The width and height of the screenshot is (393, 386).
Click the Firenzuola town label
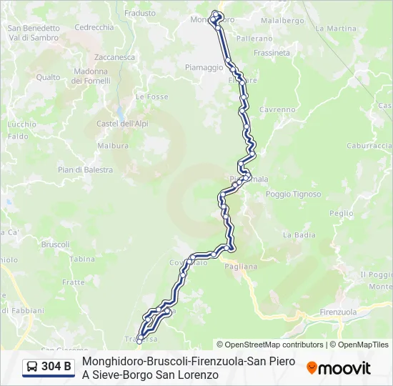click(x=338, y=312)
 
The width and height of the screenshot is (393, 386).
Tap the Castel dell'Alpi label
click(x=122, y=124)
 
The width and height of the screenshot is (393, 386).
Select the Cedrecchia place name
click(x=94, y=27)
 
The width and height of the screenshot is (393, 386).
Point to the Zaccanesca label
click(x=114, y=56)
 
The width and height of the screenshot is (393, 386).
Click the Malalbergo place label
click(x=282, y=21)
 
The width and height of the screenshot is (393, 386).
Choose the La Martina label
click(x=336, y=29)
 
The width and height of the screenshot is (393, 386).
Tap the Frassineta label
click(x=272, y=53)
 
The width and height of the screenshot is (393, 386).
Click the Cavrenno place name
click(x=277, y=109)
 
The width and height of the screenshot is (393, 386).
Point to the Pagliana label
click(x=240, y=266)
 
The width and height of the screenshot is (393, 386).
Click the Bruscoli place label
click(x=56, y=244)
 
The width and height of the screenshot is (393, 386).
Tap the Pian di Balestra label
click(x=86, y=170)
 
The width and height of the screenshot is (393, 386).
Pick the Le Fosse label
click(x=151, y=96)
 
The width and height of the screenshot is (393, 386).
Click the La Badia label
click(x=299, y=234)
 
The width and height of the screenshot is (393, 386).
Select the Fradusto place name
click(x=140, y=13)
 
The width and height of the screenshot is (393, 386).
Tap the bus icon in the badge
click(x=33, y=367)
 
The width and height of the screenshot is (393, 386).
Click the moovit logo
click(x=339, y=368)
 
